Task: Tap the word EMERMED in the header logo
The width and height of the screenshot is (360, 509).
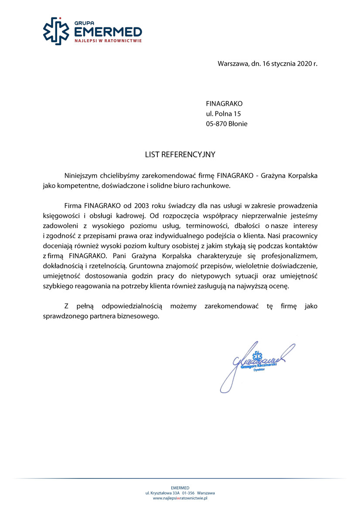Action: click(108, 32)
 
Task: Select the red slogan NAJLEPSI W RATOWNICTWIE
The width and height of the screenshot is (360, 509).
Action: click(108, 40)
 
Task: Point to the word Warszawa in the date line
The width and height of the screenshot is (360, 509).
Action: click(233, 64)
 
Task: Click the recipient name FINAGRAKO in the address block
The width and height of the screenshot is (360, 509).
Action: click(224, 104)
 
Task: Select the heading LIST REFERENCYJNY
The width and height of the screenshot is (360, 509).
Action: click(180, 155)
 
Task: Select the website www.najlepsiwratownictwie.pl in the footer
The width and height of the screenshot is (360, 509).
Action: click(180, 498)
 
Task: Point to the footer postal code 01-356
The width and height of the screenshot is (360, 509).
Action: click(188, 493)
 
